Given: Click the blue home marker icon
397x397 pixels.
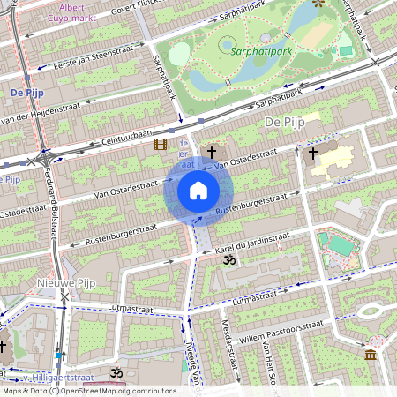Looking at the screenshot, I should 198,191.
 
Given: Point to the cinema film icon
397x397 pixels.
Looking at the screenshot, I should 160,144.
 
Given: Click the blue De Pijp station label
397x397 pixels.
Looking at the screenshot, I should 28,92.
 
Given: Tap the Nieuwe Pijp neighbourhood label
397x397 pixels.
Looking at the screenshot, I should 64,282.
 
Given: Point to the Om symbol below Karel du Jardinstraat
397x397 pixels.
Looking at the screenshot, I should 228,262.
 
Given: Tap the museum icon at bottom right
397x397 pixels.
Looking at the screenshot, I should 369,354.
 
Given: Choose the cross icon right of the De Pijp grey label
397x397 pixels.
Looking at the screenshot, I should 312,153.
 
